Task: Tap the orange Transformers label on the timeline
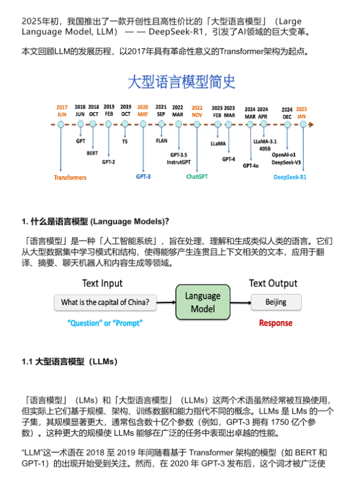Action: click(x=70, y=178)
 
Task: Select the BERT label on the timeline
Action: click(x=93, y=153)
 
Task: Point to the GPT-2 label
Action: click(x=108, y=161)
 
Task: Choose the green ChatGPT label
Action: click(x=197, y=177)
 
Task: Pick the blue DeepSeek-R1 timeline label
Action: click(x=290, y=177)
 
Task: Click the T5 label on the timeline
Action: click(x=125, y=142)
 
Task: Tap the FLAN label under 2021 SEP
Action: click(x=161, y=140)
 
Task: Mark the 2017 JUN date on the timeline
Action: click(x=62, y=110)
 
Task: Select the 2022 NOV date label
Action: click(x=197, y=110)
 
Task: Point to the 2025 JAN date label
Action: click(x=301, y=110)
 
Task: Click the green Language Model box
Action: click(x=202, y=302)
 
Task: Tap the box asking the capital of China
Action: click(x=106, y=302)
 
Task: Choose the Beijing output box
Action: click(x=276, y=302)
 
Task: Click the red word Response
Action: click(x=275, y=323)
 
